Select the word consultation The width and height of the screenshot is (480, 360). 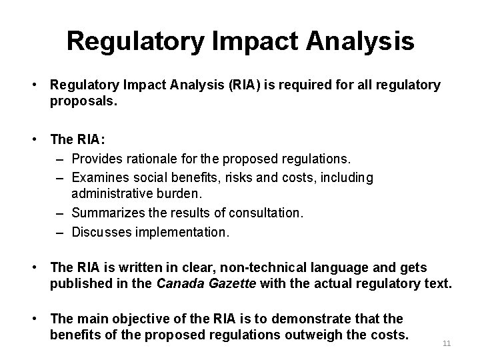pyautogui.click(x=266, y=213)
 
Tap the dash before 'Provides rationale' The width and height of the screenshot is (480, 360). pyautogui.click(x=62, y=159)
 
